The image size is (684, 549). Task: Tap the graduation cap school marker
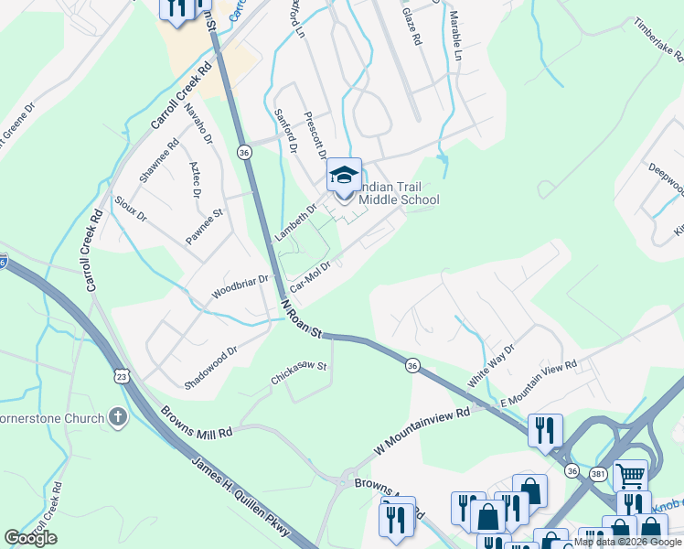pyautogui.click(x=344, y=175)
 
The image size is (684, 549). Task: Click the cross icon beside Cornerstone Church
pyautogui.click(x=117, y=418)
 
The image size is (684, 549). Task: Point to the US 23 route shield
pyautogui.click(x=122, y=375)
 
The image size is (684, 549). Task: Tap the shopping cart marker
pyautogui.click(x=630, y=475)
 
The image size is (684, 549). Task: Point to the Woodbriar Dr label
pyautogui.click(x=240, y=286)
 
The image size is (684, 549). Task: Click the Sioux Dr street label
pyautogui.click(x=129, y=210)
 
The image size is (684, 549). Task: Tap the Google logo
pyautogui.click(x=30, y=537)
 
